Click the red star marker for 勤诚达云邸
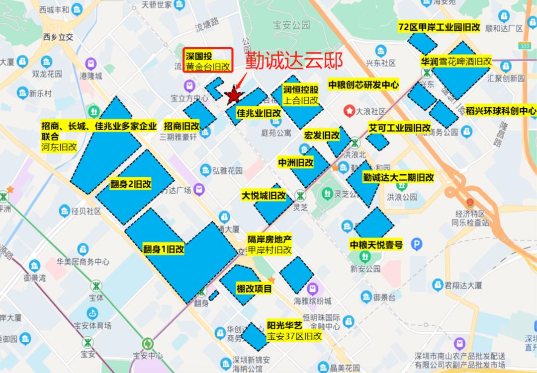pos(233,94)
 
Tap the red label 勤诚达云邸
pos(294,61)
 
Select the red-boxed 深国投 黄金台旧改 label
pos(208,61)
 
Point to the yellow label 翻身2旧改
pos(131,185)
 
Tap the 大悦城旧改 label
pos(264,195)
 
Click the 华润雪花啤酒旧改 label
pos(456,62)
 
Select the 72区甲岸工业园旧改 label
pos(439,27)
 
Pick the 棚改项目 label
pos(254,289)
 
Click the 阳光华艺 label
pos(284,326)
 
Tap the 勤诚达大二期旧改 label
pos(398,177)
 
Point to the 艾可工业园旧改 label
pos(399,128)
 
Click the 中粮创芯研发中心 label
pos(363,85)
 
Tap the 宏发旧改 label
pos(322,135)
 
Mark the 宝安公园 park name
pos(291,24)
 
